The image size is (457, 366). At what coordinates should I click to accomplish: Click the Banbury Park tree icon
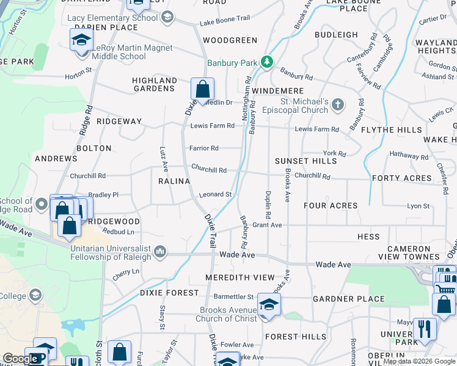(x=266, y=62)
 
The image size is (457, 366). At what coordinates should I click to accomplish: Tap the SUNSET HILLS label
(x=305, y=161)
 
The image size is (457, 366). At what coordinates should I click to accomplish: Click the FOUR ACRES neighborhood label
(x=331, y=206)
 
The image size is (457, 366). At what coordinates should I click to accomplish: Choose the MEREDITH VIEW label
(x=240, y=278)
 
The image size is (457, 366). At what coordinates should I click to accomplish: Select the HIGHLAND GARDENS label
(x=155, y=84)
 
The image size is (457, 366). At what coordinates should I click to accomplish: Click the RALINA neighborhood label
(x=174, y=182)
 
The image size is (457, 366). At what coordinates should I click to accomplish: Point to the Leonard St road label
(x=215, y=195)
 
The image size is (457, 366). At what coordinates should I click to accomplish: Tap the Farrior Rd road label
(x=203, y=148)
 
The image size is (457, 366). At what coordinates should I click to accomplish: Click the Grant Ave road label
(x=267, y=225)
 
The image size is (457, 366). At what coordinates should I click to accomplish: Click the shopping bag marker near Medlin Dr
(x=202, y=89)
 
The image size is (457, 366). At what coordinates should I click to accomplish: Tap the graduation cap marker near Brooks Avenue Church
(x=268, y=304)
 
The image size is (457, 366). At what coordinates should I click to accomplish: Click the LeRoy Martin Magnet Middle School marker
(x=81, y=40)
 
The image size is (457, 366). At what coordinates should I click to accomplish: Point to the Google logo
(x=20, y=359)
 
